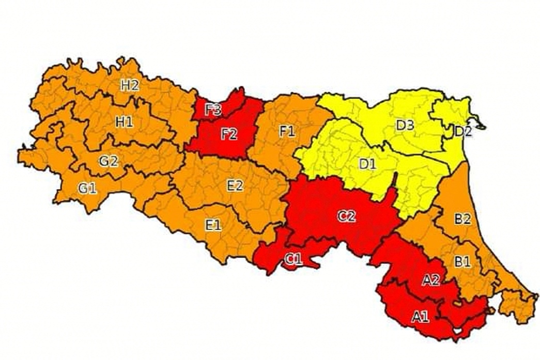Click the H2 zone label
tap(130, 85)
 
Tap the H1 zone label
tap(124, 122)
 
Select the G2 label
tap(109, 161)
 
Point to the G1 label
tap(87, 189)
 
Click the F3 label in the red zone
tap(213, 110)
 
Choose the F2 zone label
tap(228, 134)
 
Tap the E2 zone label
tap(235, 185)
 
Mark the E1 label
tap(213, 225)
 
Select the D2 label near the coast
tap(463, 131)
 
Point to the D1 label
tap(367, 164)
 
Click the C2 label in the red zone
tap(347, 216)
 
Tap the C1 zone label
tap(293, 260)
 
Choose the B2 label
tap(462, 219)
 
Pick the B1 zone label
tap(462, 261)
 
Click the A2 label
tap(430, 280)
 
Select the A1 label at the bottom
tap(420, 317)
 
